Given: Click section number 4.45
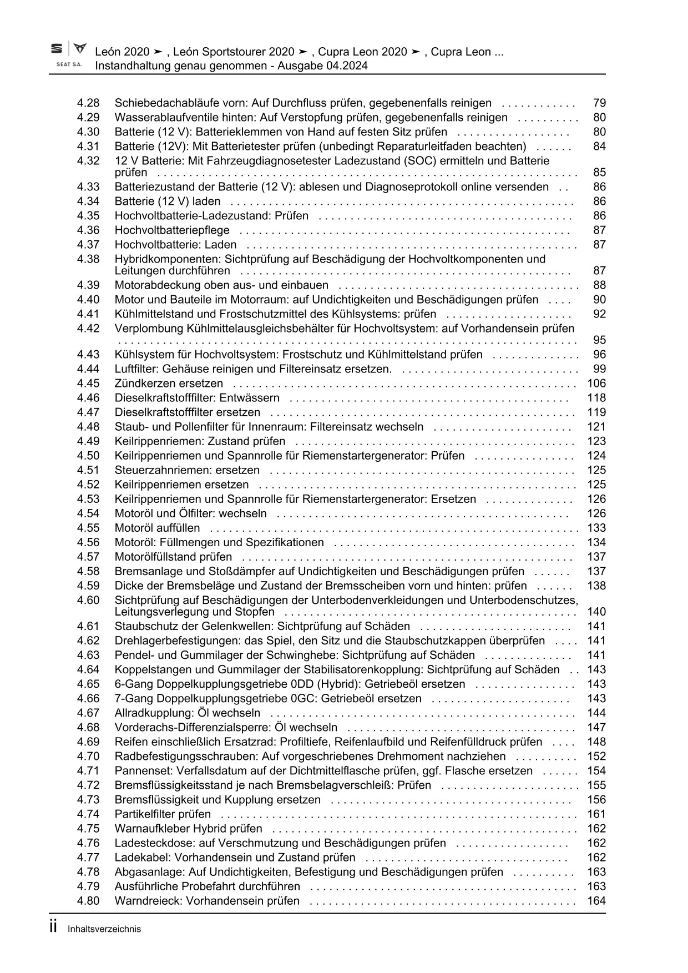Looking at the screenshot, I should click(x=88, y=384).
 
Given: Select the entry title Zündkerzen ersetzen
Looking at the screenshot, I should click(x=169, y=384).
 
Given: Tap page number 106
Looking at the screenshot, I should click(x=596, y=384).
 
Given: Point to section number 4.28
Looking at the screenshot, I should click(x=88, y=103).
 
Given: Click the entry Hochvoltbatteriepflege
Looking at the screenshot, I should click(x=172, y=230).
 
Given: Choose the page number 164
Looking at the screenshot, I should click(x=596, y=901).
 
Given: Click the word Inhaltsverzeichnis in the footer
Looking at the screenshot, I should click(x=104, y=929).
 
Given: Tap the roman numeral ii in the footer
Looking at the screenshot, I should click(x=54, y=927).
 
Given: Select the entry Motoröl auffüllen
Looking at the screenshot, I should click(x=157, y=528).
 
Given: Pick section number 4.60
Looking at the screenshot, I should click(x=88, y=600).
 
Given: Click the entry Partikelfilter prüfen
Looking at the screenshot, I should click(x=163, y=814).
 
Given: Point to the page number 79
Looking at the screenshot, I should click(x=599, y=103).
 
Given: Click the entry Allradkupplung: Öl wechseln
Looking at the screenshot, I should click(x=187, y=713).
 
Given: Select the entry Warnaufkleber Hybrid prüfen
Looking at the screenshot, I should click(x=188, y=829).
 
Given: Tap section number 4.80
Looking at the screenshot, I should click(x=88, y=901).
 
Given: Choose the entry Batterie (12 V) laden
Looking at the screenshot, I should click(x=167, y=201).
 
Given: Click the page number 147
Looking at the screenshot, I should click(x=596, y=728).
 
